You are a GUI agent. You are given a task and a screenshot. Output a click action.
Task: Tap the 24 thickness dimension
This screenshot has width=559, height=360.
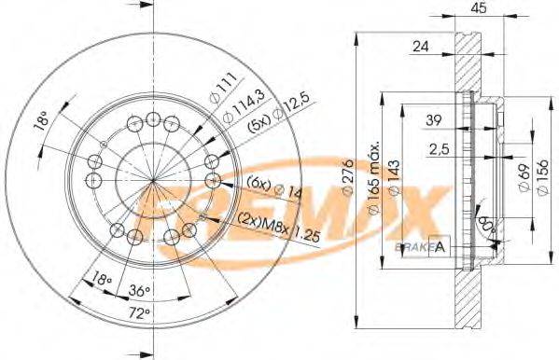point(420,45)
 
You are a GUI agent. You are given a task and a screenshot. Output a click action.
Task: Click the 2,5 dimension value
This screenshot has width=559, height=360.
point(439,148)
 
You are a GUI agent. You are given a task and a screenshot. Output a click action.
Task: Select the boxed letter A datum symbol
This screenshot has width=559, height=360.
point(440,246)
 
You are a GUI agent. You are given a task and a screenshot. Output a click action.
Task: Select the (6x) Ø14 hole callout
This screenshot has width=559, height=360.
point(270,189)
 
